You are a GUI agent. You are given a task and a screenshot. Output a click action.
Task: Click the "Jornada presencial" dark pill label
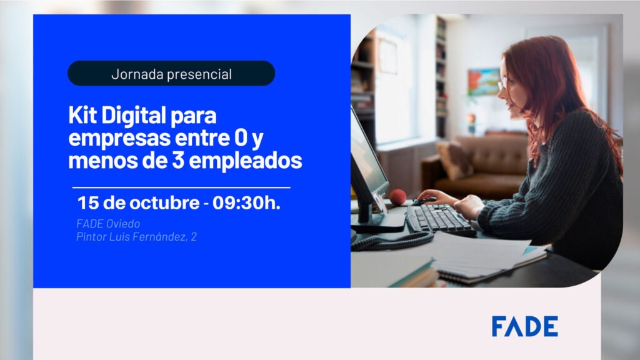coord(171,74)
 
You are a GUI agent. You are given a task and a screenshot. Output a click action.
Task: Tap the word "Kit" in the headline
coord(83,115)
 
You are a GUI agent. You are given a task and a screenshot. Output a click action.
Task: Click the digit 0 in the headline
coord(241,138)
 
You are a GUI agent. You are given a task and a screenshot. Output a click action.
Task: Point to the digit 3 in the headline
coord(178,160)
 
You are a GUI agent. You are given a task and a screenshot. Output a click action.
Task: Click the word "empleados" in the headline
coord(246,161)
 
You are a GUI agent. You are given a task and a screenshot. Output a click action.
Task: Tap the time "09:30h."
coord(246,203)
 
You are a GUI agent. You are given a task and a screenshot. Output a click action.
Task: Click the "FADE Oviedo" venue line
coord(108,224)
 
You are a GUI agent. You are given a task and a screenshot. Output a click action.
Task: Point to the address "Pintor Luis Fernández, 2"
coord(136,237)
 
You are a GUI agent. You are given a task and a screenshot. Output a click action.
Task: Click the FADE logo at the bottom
coord(525,326)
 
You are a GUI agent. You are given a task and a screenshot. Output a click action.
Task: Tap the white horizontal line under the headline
coord(181,187)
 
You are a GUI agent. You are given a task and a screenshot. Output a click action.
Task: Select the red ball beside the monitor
coord(397,197)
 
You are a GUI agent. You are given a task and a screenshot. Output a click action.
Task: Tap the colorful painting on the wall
coord(484,82)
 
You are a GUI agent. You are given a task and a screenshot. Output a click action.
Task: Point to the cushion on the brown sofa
coord(454,159)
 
